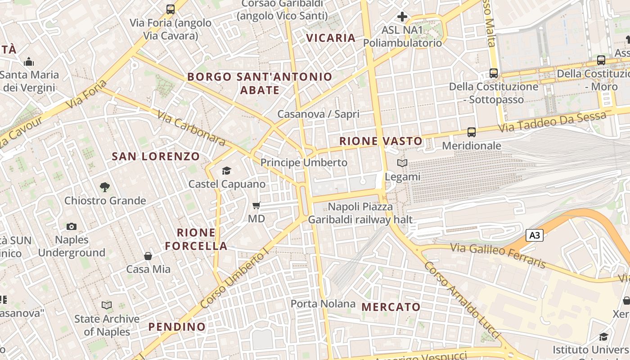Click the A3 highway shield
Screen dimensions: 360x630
tap(535, 235)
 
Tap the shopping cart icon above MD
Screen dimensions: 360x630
tap(256, 206)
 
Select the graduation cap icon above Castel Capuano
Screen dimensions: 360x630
tap(226, 171)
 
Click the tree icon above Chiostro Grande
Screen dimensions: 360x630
tap(105, 187)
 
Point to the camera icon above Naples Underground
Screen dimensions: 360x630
tap(72, 226)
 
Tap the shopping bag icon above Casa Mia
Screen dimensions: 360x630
tap(148, 256)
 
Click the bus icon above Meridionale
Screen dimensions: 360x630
tap(471, 132)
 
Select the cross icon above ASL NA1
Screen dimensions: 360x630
tap(402, 17)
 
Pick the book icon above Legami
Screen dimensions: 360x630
tap(402, 163)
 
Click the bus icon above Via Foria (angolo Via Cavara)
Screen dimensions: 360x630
tap(171, 9)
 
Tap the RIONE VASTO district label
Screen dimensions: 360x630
tap(381, 141)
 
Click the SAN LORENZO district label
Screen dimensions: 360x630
tap(156, 157)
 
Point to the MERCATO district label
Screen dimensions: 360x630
tap(391, 307)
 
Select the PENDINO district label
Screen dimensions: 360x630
tap(177, 327)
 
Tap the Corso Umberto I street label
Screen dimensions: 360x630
tap(234, 280)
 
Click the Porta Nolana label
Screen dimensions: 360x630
tap(323, 304)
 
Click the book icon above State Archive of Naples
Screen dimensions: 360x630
tap(107, 306)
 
